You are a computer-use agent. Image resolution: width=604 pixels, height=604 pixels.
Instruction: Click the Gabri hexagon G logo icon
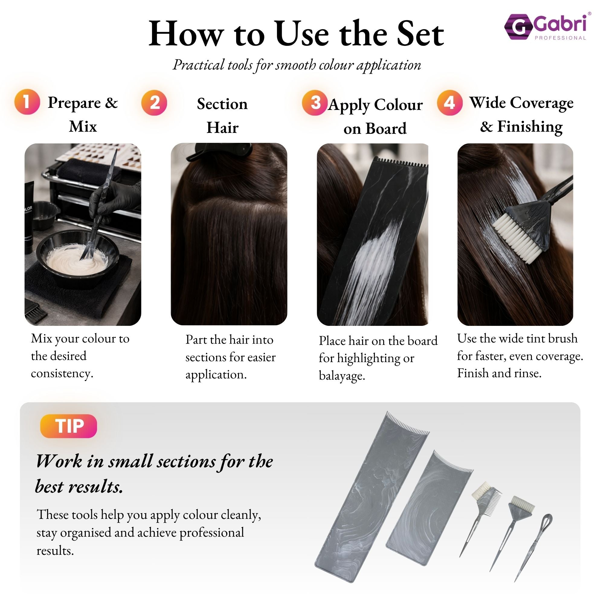[518, 27]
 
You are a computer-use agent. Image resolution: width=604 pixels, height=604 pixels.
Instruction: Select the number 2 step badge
[154, 103]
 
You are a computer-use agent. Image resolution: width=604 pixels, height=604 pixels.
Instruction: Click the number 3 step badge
[315, 103]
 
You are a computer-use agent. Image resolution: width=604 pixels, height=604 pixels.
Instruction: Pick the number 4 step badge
[449, 103]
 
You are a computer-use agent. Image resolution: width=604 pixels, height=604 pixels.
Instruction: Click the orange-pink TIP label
[69, 426]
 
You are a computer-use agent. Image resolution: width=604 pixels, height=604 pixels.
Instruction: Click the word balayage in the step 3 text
[342, 375]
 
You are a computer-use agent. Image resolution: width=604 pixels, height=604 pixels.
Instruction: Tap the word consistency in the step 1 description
[62, 373]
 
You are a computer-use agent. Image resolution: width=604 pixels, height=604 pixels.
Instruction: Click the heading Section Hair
[222, 116]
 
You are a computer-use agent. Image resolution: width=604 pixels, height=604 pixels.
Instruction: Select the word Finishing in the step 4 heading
[530, 127]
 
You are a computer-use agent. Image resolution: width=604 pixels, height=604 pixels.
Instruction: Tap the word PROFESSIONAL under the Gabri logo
[560, 38]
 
